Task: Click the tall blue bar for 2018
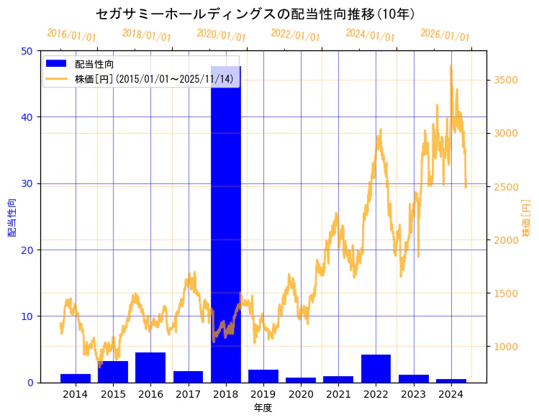(225, 223)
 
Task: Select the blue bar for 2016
(150, 367)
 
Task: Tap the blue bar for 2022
(376, 368)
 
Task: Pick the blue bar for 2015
(113, 372)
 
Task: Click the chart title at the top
(255, 14)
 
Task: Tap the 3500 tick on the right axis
(505, 80)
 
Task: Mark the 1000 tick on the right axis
(505, 346)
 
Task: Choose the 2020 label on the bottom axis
(301, 394)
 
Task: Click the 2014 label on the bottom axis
(76, 394)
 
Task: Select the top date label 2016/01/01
(71, 35)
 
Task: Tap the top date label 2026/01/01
(445, 35)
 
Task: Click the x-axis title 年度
(263, 408)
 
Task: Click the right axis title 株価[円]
(526, 219)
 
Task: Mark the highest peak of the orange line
(451, 65)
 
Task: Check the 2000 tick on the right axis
(505, 239)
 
